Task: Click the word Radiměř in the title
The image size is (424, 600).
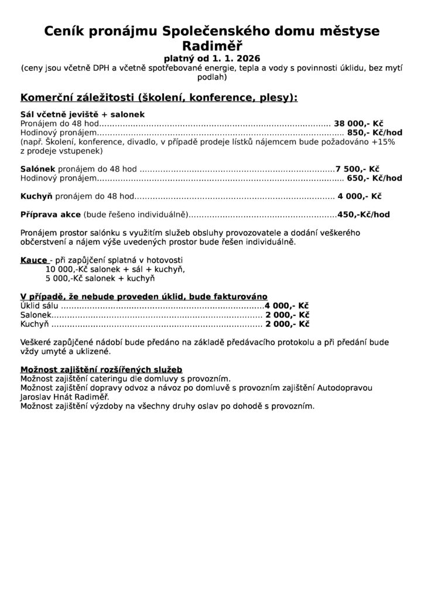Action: (212, 46)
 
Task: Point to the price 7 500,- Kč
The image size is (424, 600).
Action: (357, 168)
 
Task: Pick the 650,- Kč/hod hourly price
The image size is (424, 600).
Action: (375, 178)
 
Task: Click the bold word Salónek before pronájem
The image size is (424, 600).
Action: (37, 168)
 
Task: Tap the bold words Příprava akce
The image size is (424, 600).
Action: (51, 214)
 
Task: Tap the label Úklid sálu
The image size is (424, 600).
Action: (40, 305)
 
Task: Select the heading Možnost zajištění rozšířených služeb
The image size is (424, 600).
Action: (101, 370)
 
